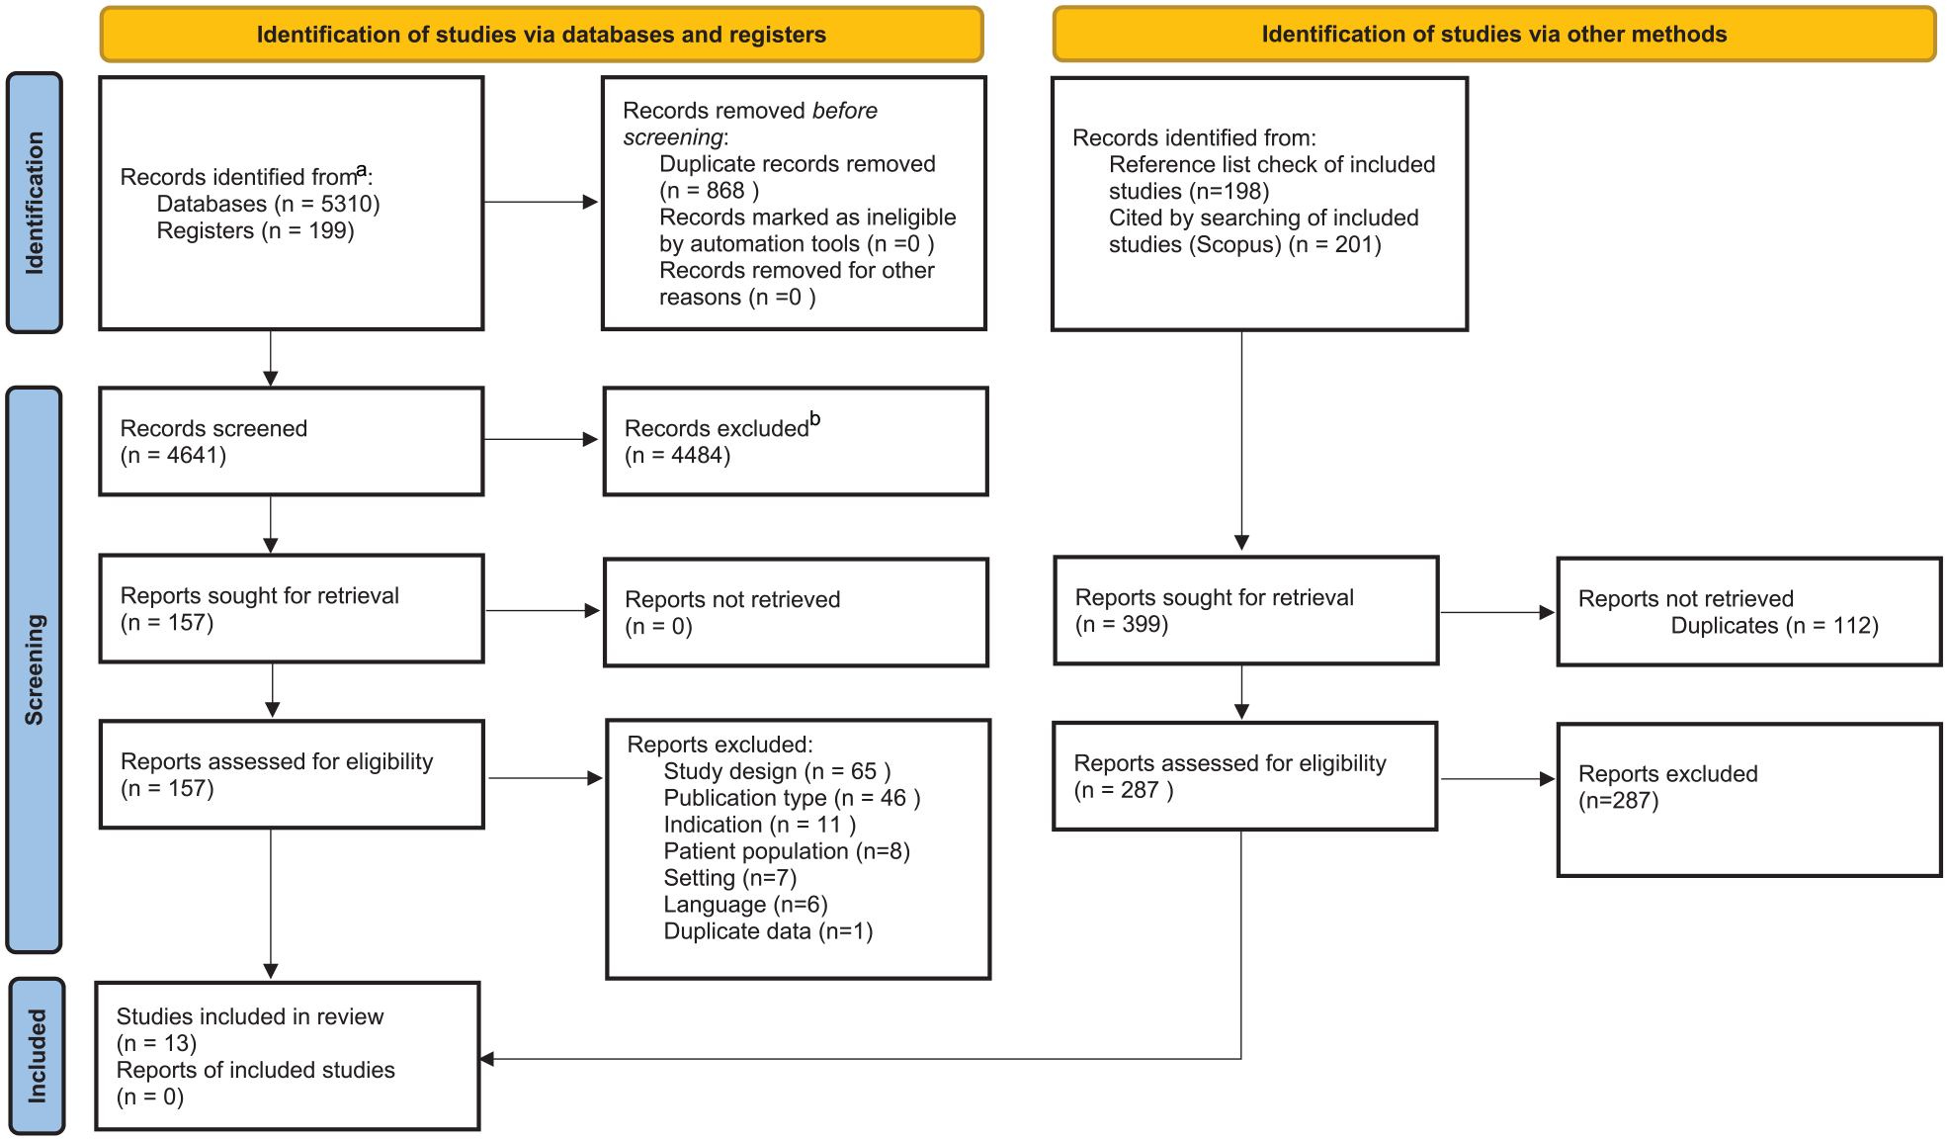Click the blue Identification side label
click(35, 203)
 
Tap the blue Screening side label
click(35, 669)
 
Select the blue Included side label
click(38, 1056)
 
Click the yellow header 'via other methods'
click(1493, 35)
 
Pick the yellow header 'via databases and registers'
click(542, 35)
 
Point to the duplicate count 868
click(725, 191)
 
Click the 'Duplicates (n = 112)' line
click(1774, 626)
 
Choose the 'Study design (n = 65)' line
click(777, 771)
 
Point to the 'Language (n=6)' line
click(745, 905)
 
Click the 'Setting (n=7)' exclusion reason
click(730, 878)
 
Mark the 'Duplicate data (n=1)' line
click(768, 931)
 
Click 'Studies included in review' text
click(250, 1016)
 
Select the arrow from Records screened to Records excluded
click(541, 439)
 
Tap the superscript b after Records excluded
click(815, 418)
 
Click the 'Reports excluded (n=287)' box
click(1749, 800)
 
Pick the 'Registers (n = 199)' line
click(255, 230)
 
